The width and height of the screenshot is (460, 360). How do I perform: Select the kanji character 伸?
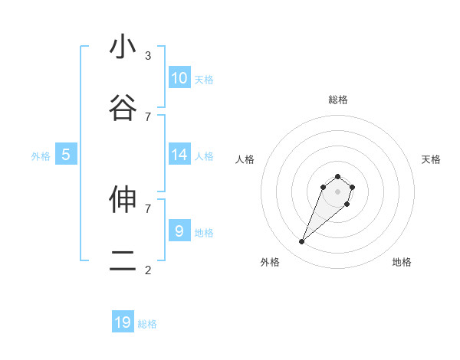123,199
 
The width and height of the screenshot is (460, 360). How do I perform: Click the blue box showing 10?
179,78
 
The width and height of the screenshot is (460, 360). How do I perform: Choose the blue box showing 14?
179,155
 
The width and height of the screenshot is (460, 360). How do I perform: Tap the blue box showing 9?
179,231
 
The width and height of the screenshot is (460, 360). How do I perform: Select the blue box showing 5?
66,155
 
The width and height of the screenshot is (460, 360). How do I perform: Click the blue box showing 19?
123,322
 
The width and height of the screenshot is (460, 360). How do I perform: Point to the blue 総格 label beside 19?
147,324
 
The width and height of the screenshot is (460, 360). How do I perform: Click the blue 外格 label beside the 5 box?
41,156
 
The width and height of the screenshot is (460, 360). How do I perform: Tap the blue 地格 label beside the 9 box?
204,233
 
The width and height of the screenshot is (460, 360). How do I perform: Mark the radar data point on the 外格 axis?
302,242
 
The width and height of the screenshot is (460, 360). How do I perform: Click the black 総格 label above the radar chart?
338,100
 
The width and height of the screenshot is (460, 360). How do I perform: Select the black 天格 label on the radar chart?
431,159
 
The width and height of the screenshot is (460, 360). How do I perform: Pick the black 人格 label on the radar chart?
245,159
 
